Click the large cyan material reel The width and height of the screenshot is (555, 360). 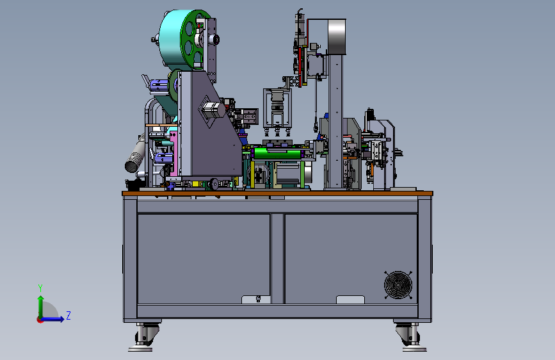pos(172,39)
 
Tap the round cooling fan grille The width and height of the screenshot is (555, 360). pos(398,285)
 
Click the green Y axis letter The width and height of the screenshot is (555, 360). pos(40,288)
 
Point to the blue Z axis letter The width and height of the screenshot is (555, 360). pos(68,315)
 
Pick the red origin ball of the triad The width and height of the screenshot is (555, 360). pos(40,320)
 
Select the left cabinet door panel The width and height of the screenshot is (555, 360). pos(204,259)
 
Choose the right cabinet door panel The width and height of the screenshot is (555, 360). pos(351,259)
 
